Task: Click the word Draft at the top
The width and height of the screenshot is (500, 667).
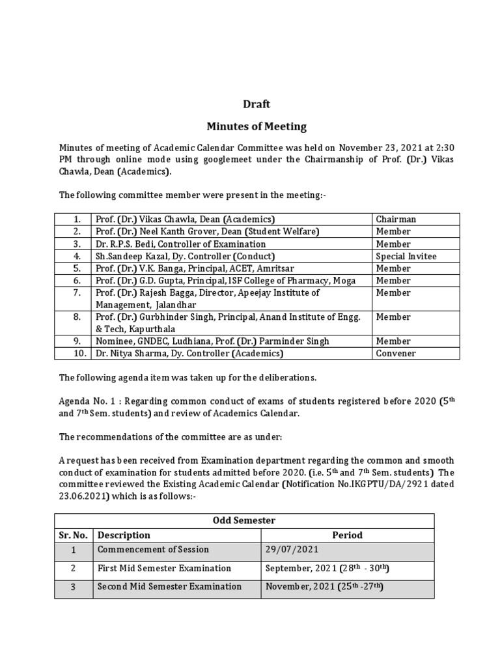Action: [x=256, y=104]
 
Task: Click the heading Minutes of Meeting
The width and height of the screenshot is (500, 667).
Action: [x=256, y=126]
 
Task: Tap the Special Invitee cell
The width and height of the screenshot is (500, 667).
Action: [x=406, y=256]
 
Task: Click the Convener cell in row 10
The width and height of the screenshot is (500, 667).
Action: [x=395, y=353]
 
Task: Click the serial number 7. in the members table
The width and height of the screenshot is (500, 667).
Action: [x=77, y=292]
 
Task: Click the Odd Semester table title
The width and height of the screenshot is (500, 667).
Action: [x=243, y=520]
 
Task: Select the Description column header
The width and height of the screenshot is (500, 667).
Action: [x=124, y=535]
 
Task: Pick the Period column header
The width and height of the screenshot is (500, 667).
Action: [x=347, y=535]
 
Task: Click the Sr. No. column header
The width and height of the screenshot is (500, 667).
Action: [x=73, y=535]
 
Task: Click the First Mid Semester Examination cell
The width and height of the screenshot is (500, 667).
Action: [x=164, y=569]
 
